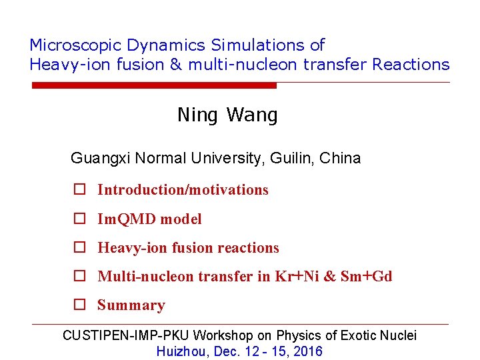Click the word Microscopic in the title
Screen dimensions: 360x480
coord(75,45)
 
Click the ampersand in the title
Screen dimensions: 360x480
coord(177,65)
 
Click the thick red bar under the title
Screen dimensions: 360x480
coord(154,85)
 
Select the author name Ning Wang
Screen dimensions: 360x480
coord(227,115)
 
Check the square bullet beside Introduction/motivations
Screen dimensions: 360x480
coord(79,190)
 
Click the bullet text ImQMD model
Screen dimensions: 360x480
coord(149,219)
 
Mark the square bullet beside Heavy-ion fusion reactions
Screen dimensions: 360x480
coord(79,248)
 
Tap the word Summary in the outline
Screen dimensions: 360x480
coord(131,305)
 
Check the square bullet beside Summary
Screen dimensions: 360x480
coord(79,305)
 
